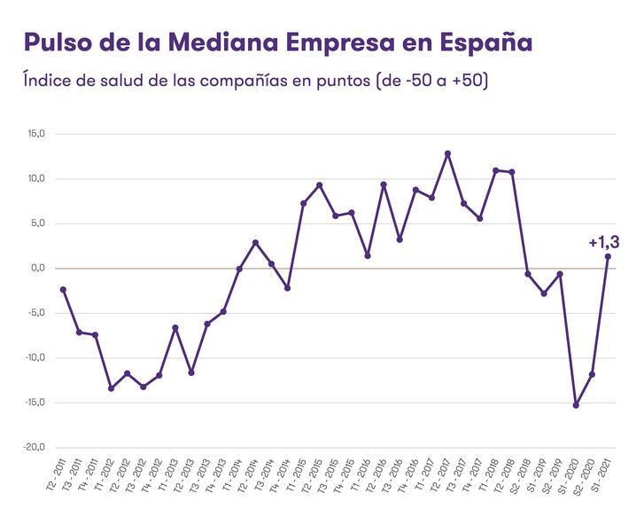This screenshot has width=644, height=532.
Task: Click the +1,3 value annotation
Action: coord(604,242)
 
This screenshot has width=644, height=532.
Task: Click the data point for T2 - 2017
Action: coord(447,153)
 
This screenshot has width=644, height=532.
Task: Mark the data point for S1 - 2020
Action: coord(576,405)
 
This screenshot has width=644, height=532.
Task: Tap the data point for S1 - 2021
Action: coord(608,257)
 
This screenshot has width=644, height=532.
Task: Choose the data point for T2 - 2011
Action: coord(63,289)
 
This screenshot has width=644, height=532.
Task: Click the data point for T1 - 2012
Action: coord(111,388)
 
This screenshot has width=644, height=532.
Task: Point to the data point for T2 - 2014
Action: coord(255,242)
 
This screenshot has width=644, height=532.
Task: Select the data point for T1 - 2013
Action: coord(175,327)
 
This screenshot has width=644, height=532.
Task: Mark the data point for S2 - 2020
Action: coord(592,374)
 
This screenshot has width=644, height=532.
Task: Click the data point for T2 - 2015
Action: coord(319,185)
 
